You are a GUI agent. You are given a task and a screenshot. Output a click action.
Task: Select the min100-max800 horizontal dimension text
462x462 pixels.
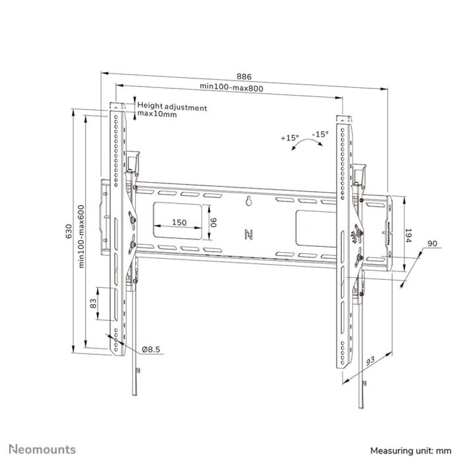pos(229,88)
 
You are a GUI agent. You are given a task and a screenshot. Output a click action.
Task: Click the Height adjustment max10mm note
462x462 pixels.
pos(172,110)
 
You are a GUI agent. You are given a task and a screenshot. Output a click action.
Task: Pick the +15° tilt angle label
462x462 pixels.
pos(289,138)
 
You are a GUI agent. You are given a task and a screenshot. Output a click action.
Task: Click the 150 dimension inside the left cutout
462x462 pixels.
pos(179,222)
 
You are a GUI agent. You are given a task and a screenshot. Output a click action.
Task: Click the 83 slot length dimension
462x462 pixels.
pos(94,304)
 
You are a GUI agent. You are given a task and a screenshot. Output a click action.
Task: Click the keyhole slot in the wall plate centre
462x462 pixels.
pos(249,202)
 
